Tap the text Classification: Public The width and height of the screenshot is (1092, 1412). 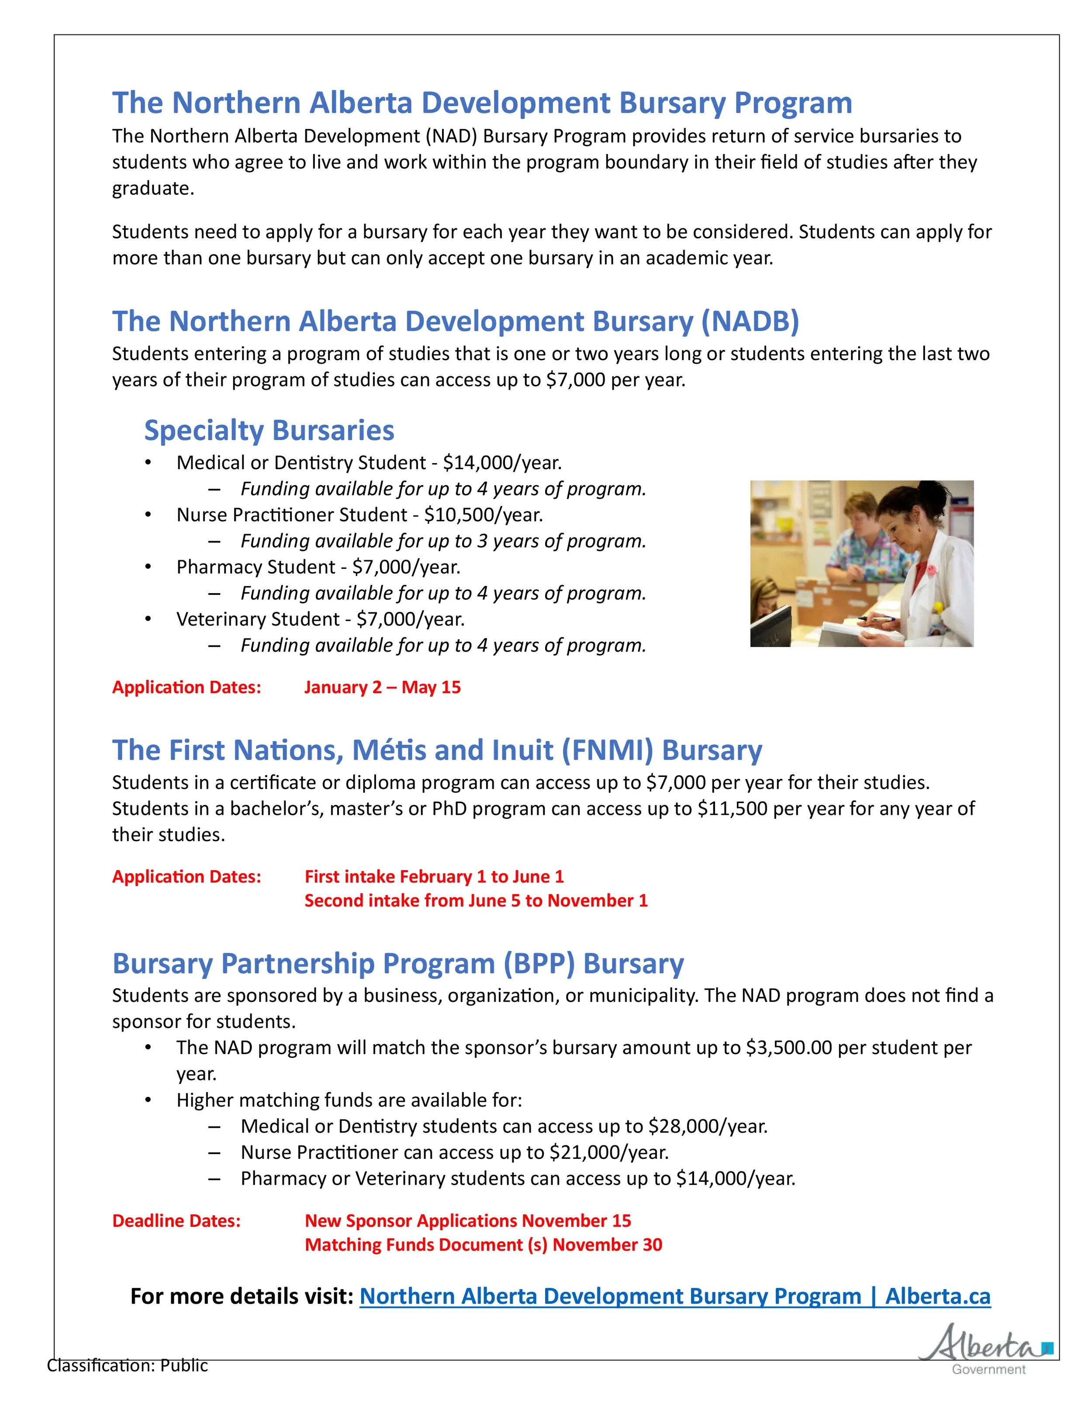pyautogui.click(x=128, y=1365)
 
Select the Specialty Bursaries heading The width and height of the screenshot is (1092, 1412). pyautogui.click(x=269, y=430)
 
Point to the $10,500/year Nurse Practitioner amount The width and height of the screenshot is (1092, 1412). pyautogui.click(x=483, y=515)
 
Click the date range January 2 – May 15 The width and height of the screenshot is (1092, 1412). pyautogui.click(x=382, y=687)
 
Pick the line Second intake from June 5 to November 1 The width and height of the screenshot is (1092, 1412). pyautogui.click(x=476, y=900)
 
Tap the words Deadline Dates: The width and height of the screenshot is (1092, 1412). pyautogui.click(x=176, y=1221)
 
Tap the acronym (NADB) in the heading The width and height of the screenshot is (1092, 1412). pyautogui.click(x=750, y=321)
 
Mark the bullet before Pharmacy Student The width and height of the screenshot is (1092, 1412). pyautogui.click(x=148, y=567)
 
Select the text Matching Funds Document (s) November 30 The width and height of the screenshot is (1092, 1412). pyautogui.click(x=483, y=1244)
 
